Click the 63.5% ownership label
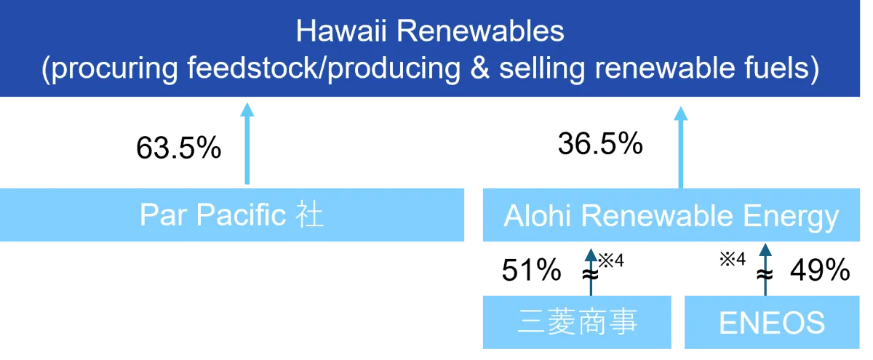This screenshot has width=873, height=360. pos(178,148)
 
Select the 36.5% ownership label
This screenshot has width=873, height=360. pos(600,144)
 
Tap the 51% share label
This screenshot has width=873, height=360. pos(531,270)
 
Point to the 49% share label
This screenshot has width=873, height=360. pos(820,270)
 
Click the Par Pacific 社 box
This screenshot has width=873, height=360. pos(232,215)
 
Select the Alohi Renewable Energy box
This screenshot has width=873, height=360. pos(671,215)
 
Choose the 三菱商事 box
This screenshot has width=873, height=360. pos(577,322)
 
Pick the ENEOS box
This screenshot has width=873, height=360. pos(772,322)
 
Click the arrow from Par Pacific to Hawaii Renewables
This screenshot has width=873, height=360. pos(247,143)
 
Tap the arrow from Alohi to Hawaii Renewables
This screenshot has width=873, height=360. pos(680,147)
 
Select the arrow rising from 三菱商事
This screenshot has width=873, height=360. pos(591,272)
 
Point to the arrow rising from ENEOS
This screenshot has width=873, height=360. pos(765,269)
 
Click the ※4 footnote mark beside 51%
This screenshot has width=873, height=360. pos(611,260)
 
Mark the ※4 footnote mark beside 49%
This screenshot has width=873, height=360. pos(733,259)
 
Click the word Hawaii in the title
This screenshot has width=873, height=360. pos(341,31)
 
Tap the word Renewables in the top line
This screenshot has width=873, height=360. pos(480,31)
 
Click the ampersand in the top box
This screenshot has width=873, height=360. pos(479,68)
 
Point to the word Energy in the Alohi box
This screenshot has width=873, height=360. pos(791,217)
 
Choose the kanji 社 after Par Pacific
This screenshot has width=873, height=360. pos(309,215)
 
